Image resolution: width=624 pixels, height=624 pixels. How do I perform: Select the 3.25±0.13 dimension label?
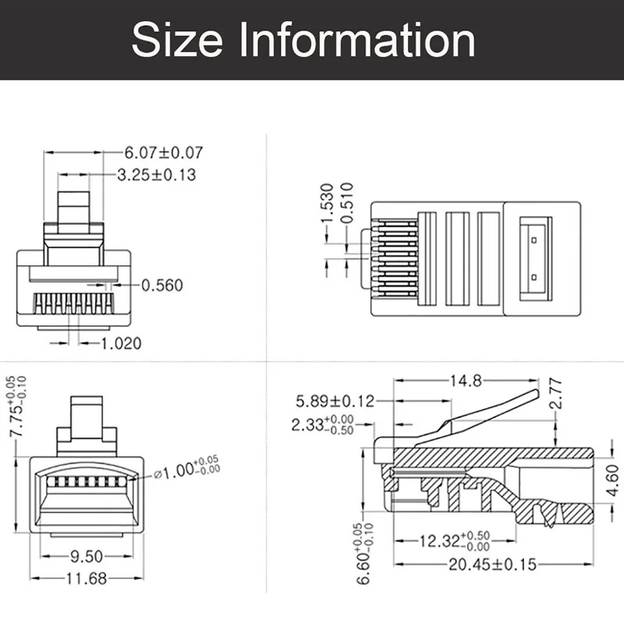click(x=156, y=175)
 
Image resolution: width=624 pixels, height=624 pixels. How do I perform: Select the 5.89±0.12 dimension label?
click(x=335, y=401)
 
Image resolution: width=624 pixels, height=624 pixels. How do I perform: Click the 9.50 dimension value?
click(x=86, y=557)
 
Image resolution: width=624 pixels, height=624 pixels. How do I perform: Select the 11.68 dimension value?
click(x=86, y=578)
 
